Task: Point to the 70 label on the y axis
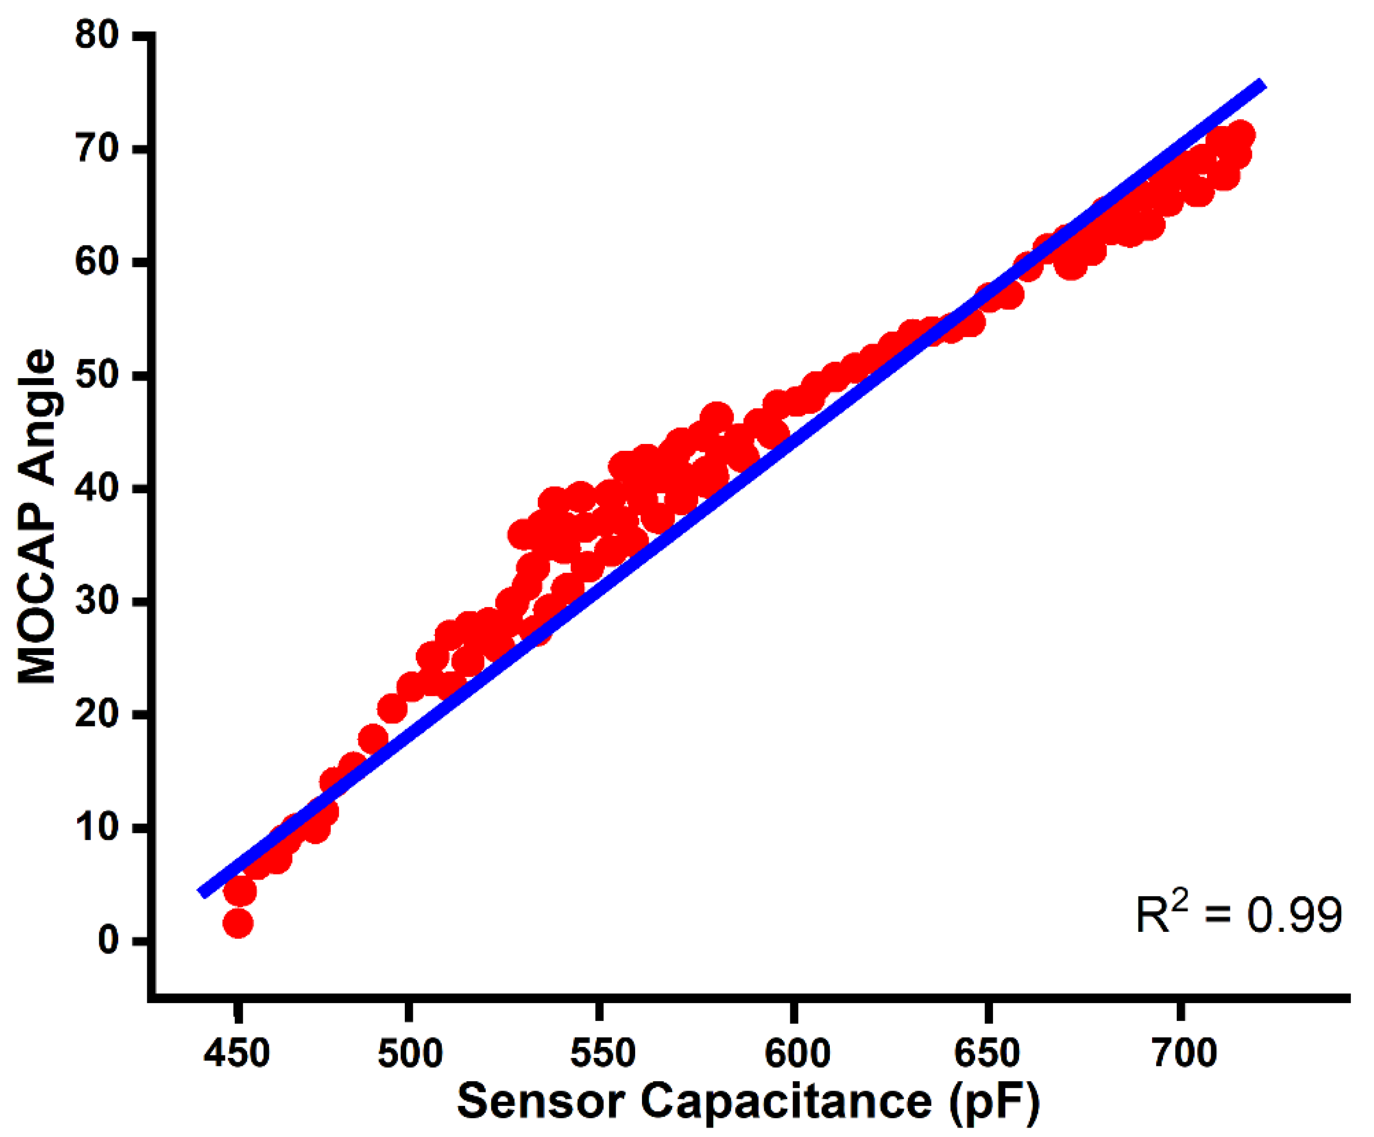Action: tap(98, 149)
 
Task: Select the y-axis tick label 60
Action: tap(98, 262)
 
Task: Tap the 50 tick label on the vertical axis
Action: tap(98, 375)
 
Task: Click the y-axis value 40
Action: tap(98, 488)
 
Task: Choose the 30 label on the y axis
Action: tap(98, 601)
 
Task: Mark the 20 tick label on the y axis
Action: tap(98, 714)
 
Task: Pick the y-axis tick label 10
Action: tap(98, 828)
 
